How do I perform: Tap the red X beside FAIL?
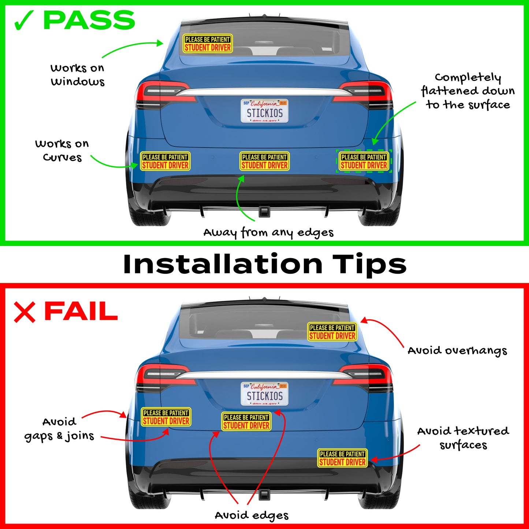25,312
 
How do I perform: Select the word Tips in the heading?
369,265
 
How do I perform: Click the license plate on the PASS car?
264,111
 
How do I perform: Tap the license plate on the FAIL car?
264,394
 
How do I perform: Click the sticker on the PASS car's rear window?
208,43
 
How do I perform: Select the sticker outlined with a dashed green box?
364,161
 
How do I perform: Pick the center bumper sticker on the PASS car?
265,161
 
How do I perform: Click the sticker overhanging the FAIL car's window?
332,332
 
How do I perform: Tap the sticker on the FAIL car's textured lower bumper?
342,458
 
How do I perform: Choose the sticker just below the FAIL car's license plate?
246,421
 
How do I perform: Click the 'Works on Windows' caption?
77,75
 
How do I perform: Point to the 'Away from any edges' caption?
268,233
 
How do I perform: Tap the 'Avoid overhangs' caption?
457,351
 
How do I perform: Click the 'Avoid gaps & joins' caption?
59,429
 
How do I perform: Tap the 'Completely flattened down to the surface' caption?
468,92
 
